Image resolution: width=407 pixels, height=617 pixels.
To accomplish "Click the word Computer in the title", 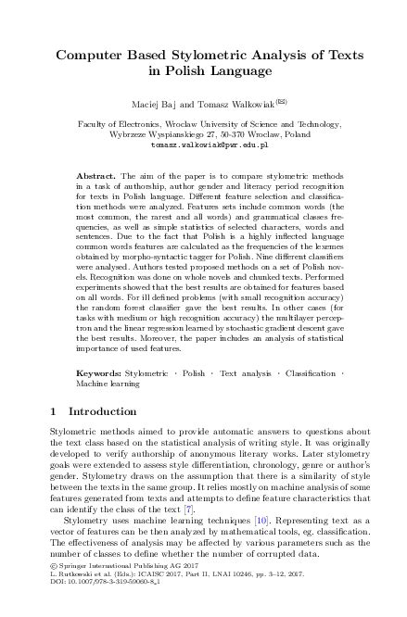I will pyautogui.click(x=90, y=55).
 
